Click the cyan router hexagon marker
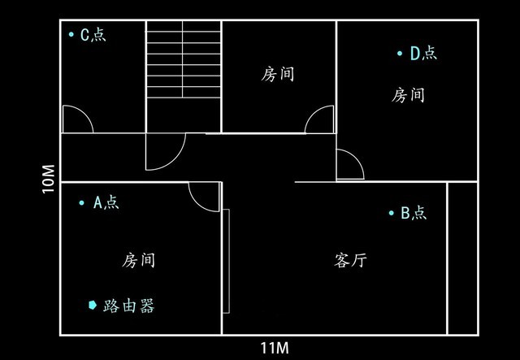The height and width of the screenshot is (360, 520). [x=93, y=305]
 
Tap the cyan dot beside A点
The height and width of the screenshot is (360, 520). [x=81, y=202]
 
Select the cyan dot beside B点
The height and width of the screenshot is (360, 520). [x=392, y=213]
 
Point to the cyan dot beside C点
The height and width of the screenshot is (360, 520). [x=71, y=34]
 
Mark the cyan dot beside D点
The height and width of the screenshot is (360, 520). [x=400, y=53]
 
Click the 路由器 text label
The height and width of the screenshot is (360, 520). [x=128, y=306]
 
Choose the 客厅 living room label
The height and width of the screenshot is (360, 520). [x=350, y=260]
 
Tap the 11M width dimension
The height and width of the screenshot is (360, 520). [x=275, y=348]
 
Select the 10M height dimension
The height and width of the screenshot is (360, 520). [x=49, y=179]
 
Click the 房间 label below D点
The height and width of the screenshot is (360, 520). [x=408, y=95]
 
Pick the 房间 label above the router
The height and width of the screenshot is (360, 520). [x=138, y=260]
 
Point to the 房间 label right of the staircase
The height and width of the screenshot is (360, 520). [x=278, y=74]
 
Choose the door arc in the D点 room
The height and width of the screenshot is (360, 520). [x=357, y=158]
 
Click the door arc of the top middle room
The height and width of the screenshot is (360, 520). [x=314, y=114]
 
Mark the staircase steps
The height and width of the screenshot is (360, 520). [x=184, y=59]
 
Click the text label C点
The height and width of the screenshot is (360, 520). [x=93, y=34]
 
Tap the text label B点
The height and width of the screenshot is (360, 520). [x=414, y=213]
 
